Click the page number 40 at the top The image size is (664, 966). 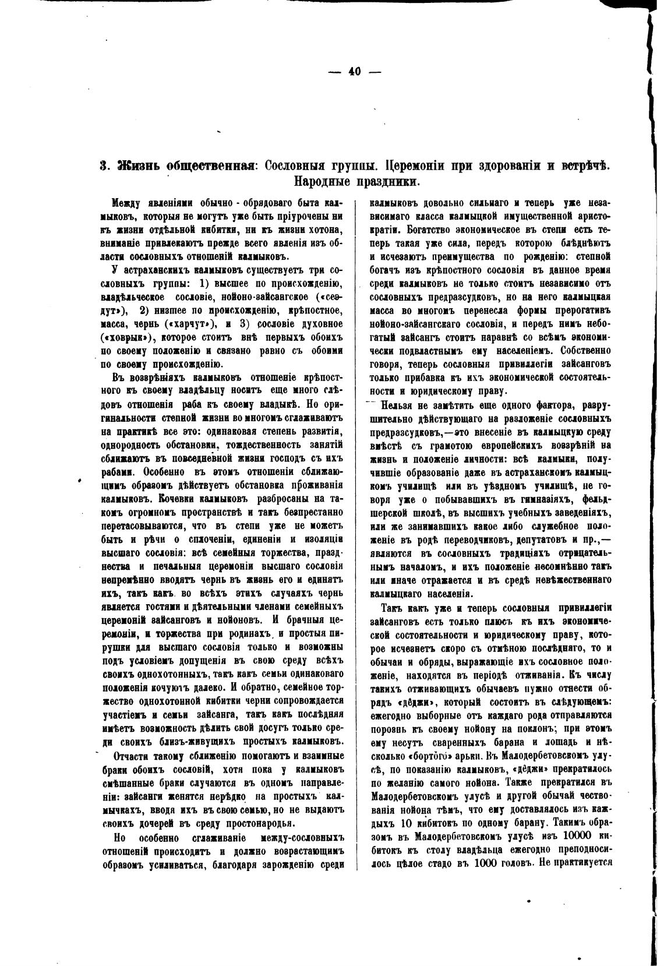(x=355, y=72)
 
